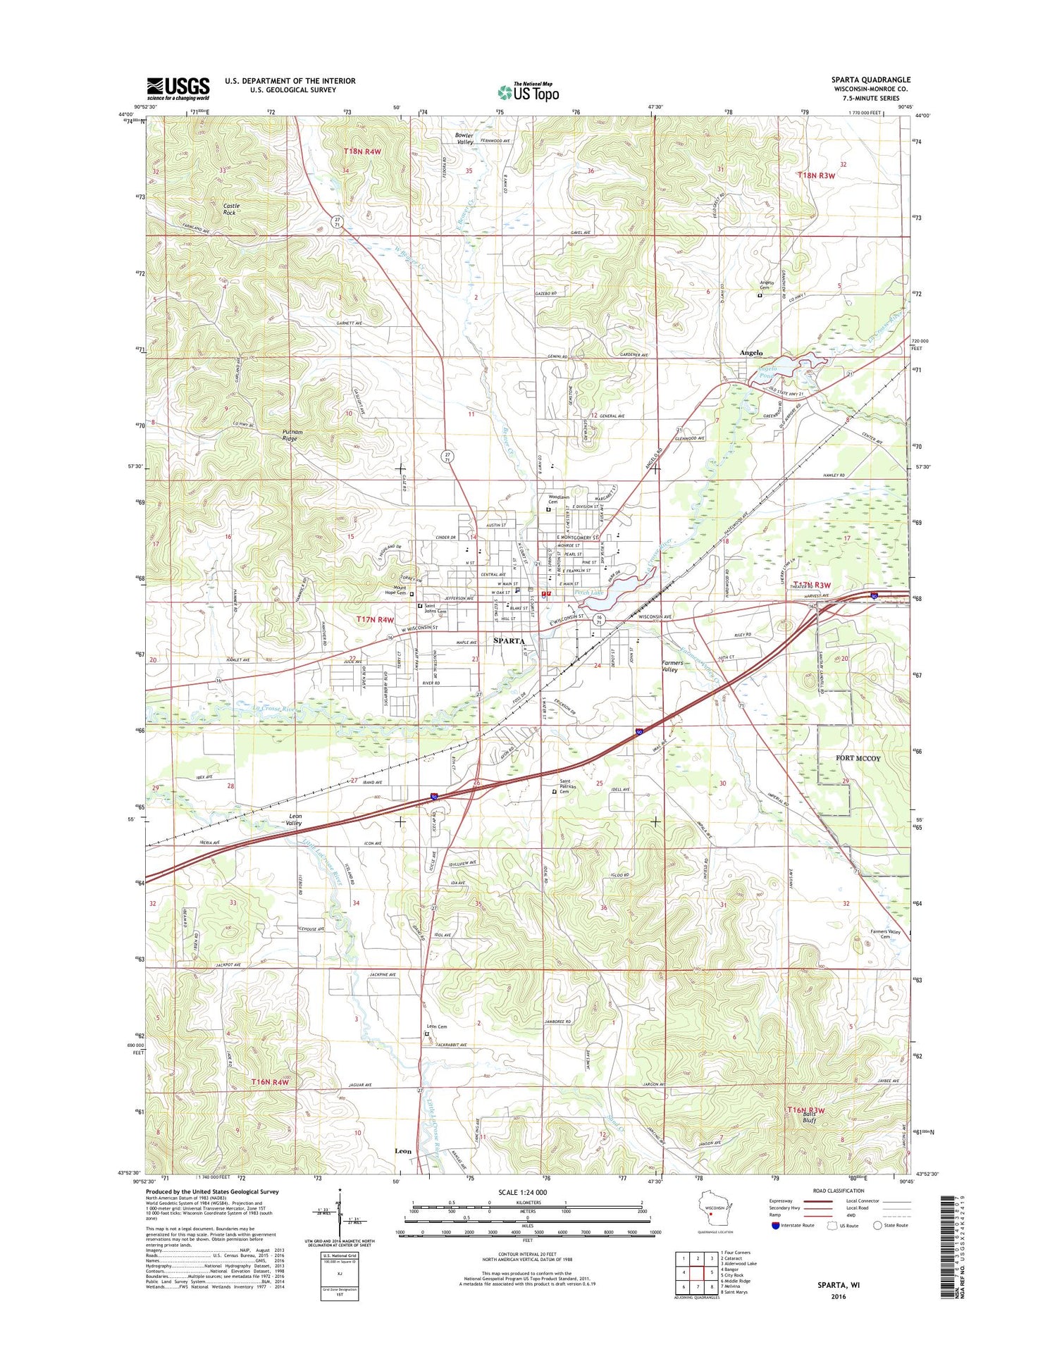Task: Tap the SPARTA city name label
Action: (509, 640)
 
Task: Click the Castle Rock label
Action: (230, 209)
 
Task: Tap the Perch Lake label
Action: (589, 592)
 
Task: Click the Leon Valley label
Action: (295, 819)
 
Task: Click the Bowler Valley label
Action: (464, 138)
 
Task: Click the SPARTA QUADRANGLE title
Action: (870, 80)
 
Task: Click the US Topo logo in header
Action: (528, 92)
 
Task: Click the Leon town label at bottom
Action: (403, 1150)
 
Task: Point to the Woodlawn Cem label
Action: (559, 499)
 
